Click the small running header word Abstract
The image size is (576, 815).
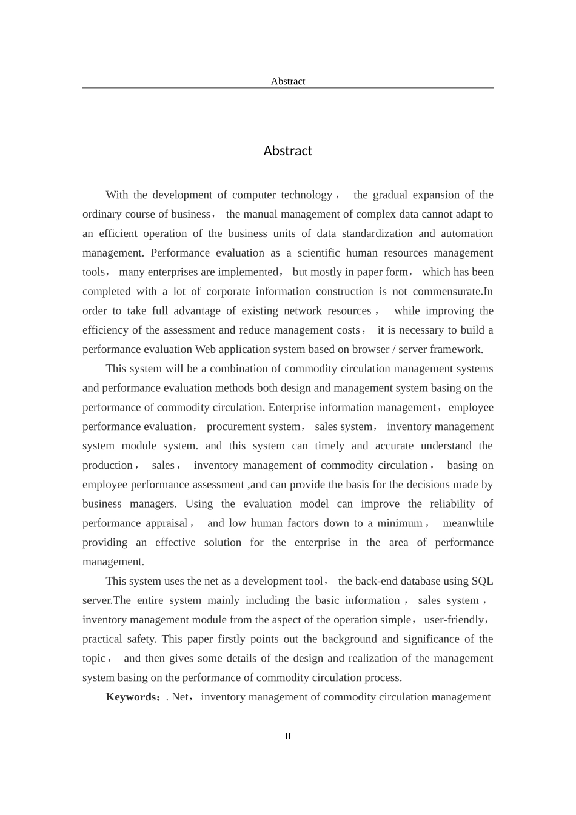[x=287, y=81]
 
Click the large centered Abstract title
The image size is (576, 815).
[x=287, y=151]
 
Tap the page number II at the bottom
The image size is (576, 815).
[x=288, y=736]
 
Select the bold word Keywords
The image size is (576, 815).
[x=132, y=697]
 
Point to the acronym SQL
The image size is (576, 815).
[x=482, y=581]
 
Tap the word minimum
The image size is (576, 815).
[x=400, y=523]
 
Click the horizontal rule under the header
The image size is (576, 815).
[x=287, y=88]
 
